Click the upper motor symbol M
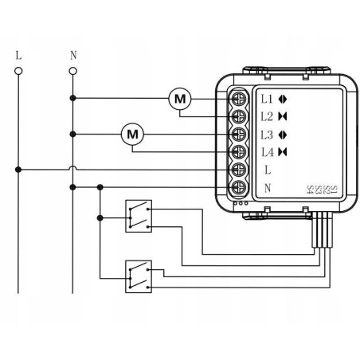pos(180,99)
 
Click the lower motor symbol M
pos(132,135)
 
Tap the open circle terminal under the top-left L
pos(18,71)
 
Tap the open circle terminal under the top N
pos(73,71)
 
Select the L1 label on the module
pos(267,99)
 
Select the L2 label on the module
pos(267,116)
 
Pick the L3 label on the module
pos(267,134)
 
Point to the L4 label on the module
pos(267,151)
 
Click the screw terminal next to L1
pos(237,99)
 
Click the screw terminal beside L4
pos(237,151)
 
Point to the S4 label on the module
pos(310,190)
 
